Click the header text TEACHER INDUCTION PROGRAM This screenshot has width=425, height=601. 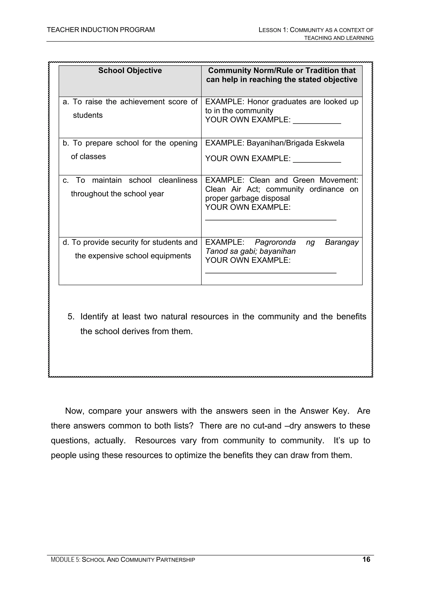point(101,30)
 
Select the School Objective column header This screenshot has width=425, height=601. point(130,71)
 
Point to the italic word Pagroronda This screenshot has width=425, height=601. point(275,242)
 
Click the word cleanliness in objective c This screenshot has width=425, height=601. point(178,180)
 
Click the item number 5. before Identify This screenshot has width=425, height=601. point(71,317)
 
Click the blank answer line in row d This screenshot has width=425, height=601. point(271,272)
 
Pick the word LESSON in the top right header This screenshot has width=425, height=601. point(270,30)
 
